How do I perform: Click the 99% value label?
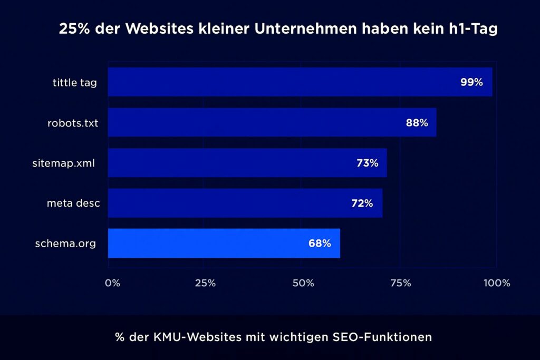tap(471, 82)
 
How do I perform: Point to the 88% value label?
tap(417, 123)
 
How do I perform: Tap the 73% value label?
tap(368, 163)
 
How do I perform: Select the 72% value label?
tap(362, 203)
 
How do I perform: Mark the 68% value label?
tap(320, 244)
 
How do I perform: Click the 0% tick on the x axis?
tap(112, 283)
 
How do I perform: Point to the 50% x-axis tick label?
tap(303, 283)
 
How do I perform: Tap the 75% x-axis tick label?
tap(401, 283)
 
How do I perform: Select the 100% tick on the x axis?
tap(496, 283)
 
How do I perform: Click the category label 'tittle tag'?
tap(75, 82)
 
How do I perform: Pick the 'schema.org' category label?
tap(65, 244)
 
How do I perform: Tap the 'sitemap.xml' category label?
tap(64, 163)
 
